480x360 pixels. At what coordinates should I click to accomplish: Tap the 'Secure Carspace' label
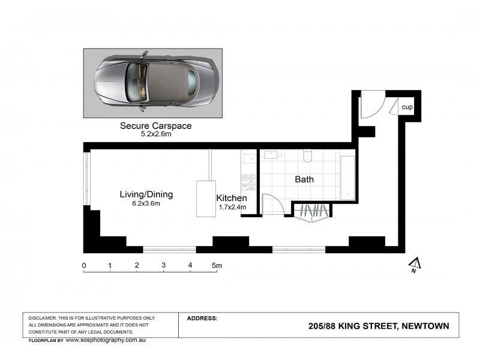(155, 126)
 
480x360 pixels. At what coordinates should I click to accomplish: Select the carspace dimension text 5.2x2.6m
(155, 134)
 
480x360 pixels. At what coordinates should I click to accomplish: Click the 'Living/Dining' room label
(146, 194)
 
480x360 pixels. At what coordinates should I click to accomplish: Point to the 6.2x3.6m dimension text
(146, 203)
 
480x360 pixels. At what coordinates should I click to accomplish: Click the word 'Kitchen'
(232, 198)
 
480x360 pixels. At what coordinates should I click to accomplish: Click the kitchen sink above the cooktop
(248, 159)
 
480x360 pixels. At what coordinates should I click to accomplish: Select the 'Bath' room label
(304, 179)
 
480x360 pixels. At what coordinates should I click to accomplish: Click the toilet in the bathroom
(308, 156)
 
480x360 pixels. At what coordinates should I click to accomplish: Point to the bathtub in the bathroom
(347, 177)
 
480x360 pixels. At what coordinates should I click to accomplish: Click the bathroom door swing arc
(272, 204)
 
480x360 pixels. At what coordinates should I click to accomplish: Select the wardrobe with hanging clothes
(312, 211)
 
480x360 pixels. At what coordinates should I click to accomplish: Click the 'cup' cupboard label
(407, 107)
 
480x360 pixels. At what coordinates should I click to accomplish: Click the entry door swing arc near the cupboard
(370, 106)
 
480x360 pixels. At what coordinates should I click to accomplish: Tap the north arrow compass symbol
(413, 265)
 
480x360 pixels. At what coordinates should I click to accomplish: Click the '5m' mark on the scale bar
(217, 265)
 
